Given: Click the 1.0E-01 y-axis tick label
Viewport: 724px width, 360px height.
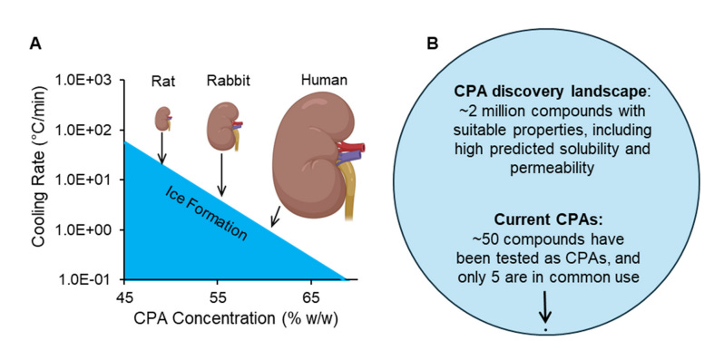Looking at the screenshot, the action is click(x=87, y=279).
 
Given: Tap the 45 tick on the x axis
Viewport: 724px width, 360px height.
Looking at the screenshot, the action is click(x=124, y=297).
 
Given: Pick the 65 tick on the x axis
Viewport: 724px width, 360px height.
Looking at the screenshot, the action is click(x=311, y=297).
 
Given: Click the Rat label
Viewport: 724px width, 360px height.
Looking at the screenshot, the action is click(x=161, y=82).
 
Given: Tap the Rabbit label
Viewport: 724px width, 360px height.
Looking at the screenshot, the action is click(x=228, y=82).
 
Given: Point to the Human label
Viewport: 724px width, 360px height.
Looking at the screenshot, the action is click(x=324, y=81).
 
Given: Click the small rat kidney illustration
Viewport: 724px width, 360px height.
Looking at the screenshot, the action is click(x=162, y=119).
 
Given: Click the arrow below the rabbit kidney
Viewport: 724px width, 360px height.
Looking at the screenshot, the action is click(x=221, y=175).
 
